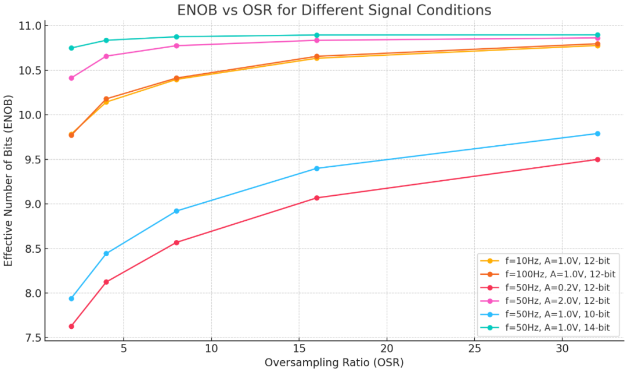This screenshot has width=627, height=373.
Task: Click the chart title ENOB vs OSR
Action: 334,10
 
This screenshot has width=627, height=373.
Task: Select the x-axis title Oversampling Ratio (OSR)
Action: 334,363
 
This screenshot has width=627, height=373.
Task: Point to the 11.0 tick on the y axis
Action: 29,26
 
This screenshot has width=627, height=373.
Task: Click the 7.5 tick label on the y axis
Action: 29,338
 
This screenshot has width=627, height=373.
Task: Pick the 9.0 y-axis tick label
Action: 29,205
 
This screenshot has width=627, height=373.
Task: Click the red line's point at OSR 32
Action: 597,159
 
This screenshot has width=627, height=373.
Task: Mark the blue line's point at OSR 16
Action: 316,168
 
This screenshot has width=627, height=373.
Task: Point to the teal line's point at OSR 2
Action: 71,48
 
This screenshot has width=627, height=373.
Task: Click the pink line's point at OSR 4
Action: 106,56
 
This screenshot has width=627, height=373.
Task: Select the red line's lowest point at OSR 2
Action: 71,327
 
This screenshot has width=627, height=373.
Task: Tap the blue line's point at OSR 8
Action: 176,211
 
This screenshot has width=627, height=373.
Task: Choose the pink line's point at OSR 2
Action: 71,78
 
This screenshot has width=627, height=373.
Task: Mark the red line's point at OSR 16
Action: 316,198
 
